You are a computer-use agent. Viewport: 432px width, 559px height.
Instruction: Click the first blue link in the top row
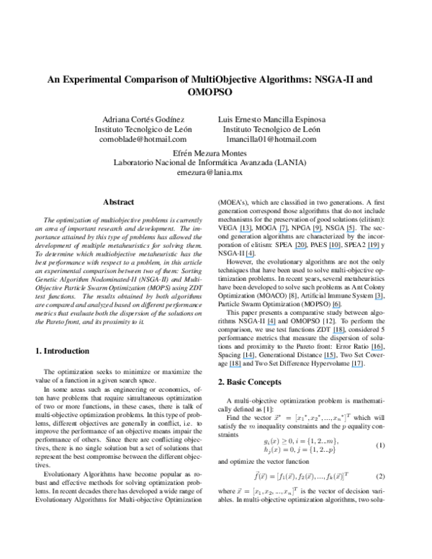pyautogui.click(x=245, y=232)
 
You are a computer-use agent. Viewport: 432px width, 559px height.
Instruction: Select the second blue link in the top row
pyautogui.click(x=283, y=232)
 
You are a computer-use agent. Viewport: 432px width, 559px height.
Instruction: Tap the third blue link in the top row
pyautogui.click(x=317, y=232)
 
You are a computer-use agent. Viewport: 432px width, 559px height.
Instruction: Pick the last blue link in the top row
pyautogui.click(x=351, y=232)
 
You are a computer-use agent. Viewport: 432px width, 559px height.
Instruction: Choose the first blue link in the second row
pyautogui.click(x=300, y=248)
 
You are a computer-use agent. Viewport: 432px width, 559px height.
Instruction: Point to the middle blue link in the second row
pyautogui.click(x=334, y=248)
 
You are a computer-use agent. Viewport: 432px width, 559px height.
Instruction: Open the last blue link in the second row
pyautogui.click(x=373, y=248)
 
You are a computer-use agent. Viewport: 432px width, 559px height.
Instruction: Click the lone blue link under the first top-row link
pyautogui.click(x=250, y=256)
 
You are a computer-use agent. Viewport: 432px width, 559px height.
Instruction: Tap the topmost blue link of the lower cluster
pyautogui.click(x=379, y=299)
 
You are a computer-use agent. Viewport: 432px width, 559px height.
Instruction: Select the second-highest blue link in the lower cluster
pyautogui.click(x=336, y=308)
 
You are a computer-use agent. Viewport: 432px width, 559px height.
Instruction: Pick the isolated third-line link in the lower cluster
pyautogui.click(x=271, y=324)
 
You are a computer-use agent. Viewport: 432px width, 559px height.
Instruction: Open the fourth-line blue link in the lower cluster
pyautogui.click(x=338, y=333)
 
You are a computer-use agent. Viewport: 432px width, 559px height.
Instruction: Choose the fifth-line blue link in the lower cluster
pyautogui.click(x=377, y=349)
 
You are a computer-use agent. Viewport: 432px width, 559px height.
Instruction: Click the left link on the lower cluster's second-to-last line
pyautogui.click(x=248, y=358)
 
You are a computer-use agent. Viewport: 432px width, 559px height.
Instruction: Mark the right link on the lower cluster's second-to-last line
pyautogui.click(x=329, y=358)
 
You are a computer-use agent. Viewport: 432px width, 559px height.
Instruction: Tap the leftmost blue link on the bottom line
pyautogui.click(x=235, y=367)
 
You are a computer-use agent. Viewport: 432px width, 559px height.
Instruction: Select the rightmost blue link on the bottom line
pyautogui.click(x=357, y=367)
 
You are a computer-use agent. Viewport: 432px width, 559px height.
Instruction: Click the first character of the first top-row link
pyautogui.click(x=240, y=232)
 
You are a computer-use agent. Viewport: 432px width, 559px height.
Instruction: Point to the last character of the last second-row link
pyautogui.click(x=379, y=248)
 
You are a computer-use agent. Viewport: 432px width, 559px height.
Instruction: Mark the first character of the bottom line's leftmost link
pyautogui.click(x=230, y=367)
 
